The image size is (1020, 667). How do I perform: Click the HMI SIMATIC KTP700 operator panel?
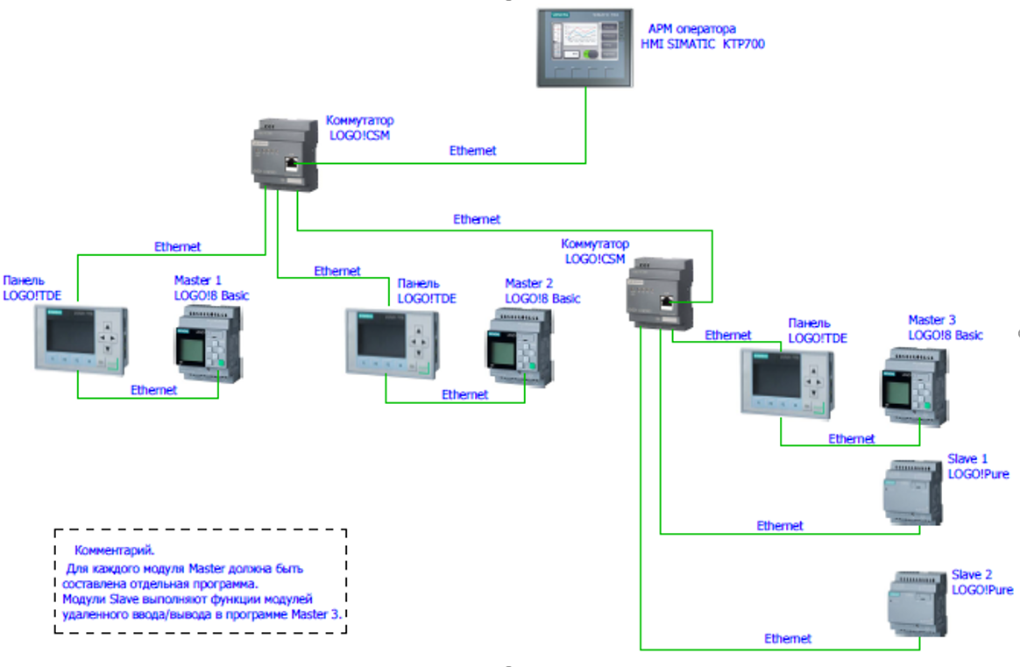pyautogui.click(x=585, y=50)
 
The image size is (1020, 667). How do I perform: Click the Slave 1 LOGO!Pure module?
pyautogui.click(x=912, y=493)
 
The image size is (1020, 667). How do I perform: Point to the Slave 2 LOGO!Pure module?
pyautogui.click(x=917, y=604)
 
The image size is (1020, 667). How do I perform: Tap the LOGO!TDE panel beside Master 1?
pyautogui.click(x=81, y=340)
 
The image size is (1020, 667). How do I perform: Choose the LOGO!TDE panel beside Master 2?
pyautogui.click(x=391, y=344)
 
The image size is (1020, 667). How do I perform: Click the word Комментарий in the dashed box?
pyautogui.click(x=115, y=550)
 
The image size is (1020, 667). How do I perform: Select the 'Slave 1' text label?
pyautogui.click(x=967, y=459)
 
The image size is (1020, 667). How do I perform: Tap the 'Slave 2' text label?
pyautogui.click(x=972, y=575)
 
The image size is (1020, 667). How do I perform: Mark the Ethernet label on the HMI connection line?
pyautogui.click(x=472, y=151)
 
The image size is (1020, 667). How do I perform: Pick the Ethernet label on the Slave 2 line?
pyautogui.click(x=788, y=639)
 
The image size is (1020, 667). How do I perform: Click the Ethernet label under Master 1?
pyautogui.click(x=153, y=390)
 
